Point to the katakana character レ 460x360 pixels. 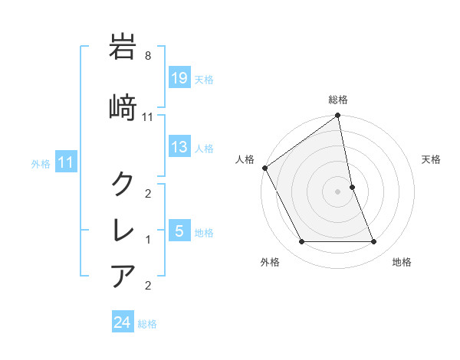tap(123, 229)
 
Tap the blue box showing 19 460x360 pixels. tap(179, 78)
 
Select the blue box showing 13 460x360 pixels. tap(179, 148)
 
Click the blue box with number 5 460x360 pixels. tap(179, 231)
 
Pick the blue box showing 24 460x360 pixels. tap(123, 322)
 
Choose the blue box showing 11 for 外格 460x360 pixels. tap(65, 162)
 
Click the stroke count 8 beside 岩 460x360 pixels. tap(148, 56)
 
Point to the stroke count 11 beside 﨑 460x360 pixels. tap(148, 116)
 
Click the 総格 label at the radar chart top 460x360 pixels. tap(338, 100)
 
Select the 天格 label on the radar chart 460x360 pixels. tap(431, 159)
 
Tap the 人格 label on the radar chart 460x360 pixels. tap(245, 159)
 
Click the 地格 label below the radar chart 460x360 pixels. tap(402, 263)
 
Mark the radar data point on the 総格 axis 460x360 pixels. tap(338, 116)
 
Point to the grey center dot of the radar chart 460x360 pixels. tap(338, 191)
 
